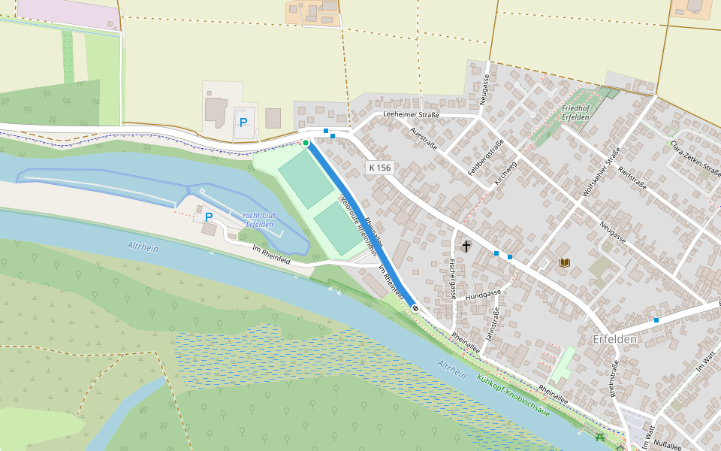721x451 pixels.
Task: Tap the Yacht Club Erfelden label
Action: click(259, 219)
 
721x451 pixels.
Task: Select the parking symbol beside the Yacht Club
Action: click(209, 217)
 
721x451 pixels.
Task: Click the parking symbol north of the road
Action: click(243, 122)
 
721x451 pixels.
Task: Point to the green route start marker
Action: click(306, 143)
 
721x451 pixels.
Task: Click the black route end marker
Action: click(415, 308)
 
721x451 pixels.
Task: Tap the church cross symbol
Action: click(466, 246)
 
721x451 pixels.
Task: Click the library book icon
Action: click(565, 262)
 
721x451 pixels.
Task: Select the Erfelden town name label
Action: click(615, 339)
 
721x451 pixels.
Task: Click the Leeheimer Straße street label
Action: click(411, 114)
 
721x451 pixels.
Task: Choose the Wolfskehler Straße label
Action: click(601, 173)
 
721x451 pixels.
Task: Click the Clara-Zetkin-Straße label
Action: click(695, 157)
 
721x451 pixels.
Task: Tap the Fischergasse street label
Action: click(451, 279)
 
